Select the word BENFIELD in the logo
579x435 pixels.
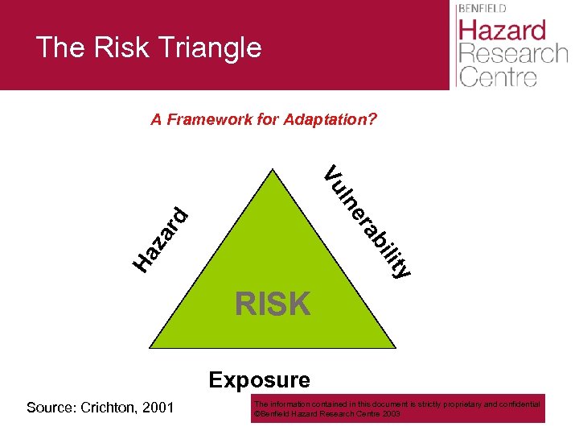[x=483, y=8]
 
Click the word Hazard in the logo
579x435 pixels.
[x=502, y=31]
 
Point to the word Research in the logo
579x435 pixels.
[x=511, y=55]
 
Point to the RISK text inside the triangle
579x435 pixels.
[x=273, y=304]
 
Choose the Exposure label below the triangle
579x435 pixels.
[x=259, y=379]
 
